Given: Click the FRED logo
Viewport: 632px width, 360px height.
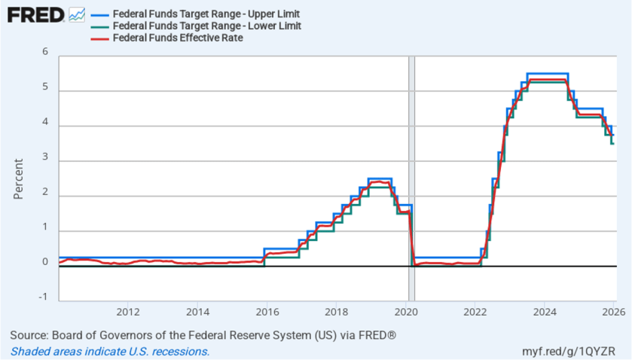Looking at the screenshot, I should coord(35,14).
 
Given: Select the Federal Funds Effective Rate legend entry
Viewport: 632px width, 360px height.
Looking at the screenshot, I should coord(177,38).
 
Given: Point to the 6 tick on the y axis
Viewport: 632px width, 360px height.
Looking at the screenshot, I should coord(45,52).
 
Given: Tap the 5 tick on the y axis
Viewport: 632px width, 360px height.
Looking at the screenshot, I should coord(45,87).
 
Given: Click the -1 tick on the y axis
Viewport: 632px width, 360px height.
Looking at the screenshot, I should coord(44,297).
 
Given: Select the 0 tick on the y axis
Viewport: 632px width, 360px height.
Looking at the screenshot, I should coord(45,262).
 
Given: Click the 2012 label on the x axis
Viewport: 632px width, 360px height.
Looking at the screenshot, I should coord(127,311).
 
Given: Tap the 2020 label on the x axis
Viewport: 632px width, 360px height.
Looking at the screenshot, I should coord(405,311).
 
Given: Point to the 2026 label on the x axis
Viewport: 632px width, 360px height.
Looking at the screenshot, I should coord(613,311).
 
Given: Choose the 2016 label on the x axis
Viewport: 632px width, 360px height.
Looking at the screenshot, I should coord(267,311).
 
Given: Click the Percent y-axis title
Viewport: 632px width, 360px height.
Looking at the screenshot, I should coord(18,178).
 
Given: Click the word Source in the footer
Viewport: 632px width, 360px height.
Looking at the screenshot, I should coord(29,334).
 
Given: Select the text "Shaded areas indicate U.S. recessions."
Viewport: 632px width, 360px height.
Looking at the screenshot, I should coord(110,352).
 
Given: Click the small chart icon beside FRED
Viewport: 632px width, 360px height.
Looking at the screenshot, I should coord(77,14).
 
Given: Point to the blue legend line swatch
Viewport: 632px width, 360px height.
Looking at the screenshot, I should coord(99,14).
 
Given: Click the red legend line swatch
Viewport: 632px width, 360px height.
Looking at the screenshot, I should coord(99,38).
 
